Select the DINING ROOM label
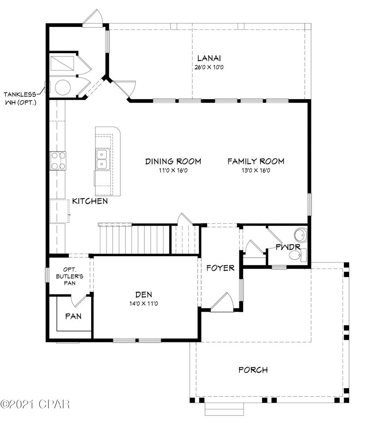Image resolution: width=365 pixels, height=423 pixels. [x=173, y=161]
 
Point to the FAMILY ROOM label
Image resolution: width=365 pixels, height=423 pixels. [x=255, y=161]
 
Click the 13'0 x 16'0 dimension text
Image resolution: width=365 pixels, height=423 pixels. [x=255, y=170]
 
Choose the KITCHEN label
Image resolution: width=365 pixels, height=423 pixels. [x=90, y=201]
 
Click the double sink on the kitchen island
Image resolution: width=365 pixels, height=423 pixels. [x=102, y=159]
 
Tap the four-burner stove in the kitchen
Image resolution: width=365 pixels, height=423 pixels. [x=58, y=161]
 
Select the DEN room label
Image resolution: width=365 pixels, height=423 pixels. [x=144, y=295]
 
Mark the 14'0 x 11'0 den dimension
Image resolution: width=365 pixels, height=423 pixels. [x=144, y=304]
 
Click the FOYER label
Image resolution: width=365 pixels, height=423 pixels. [x=220, y=268]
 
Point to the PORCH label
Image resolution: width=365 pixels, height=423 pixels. [x=253, y=370]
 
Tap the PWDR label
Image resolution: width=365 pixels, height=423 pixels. [x=288, y=247]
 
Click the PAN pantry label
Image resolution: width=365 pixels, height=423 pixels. [x=73, y=316]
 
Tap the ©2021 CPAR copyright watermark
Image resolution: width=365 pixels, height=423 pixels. [x=35, y=403]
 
